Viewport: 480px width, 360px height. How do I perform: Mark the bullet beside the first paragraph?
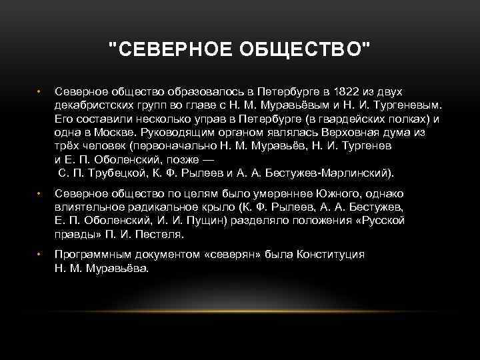pyautogui.click(x=39, y=91)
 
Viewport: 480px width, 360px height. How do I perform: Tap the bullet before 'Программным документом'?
pyautogui.click(x=39, y=255)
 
